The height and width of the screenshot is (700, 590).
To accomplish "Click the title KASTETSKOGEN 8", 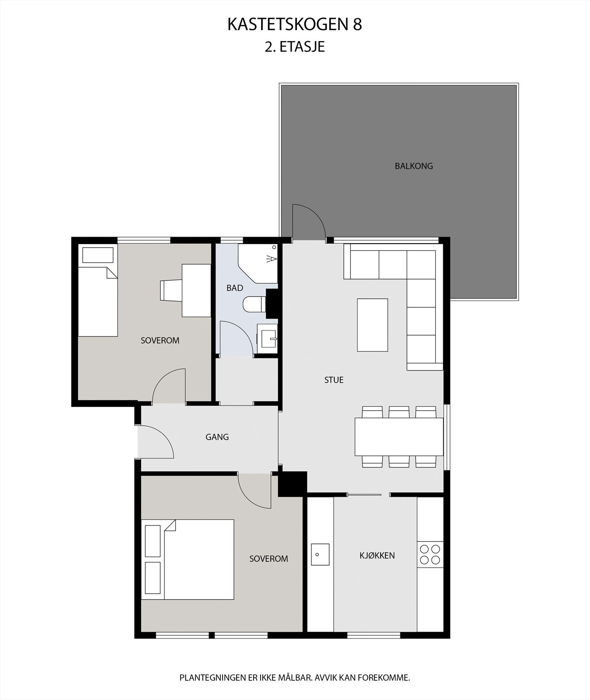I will point(294,25).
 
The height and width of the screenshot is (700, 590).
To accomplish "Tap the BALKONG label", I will point(413,166).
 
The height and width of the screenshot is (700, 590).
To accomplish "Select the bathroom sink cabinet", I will point(267,338).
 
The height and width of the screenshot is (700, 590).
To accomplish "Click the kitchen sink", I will point(320,554).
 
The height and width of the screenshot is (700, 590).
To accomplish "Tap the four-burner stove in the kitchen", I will point(430,554).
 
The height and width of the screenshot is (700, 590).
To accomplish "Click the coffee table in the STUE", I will point(372,325).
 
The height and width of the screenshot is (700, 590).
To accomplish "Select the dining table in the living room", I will point(399,437).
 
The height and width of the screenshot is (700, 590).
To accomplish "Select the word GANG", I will point(217,437).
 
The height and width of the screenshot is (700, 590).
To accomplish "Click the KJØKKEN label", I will point(377,556).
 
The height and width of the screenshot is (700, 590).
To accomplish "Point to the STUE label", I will point(334,380).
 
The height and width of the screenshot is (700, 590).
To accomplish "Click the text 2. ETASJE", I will point(294,47).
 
